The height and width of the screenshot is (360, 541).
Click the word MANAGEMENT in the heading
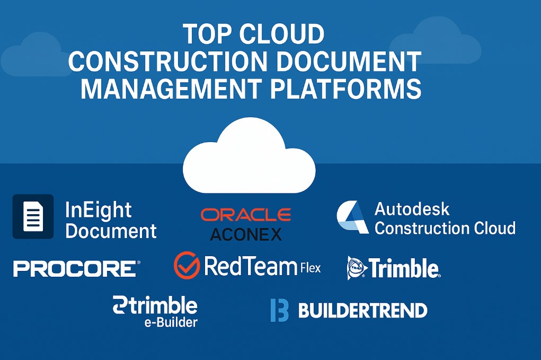coord(172,89)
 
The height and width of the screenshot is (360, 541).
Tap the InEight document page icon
coord(33,216)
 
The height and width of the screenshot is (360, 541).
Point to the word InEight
coord(98,209)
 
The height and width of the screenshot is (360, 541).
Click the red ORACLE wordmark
coord(246,215)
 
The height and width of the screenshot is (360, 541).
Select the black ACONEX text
coord(246,234)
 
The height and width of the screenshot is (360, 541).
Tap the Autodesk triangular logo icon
coord(352,217)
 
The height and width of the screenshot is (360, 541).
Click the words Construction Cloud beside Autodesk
coord(445,228)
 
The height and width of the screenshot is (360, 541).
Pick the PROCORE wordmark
coord(75,268)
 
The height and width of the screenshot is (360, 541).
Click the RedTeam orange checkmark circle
coord(187,265)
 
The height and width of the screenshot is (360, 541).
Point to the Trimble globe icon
coord(357,268)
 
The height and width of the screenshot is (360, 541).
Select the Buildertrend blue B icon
coord(279,310)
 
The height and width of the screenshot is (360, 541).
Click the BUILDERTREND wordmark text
coord(362,310)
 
